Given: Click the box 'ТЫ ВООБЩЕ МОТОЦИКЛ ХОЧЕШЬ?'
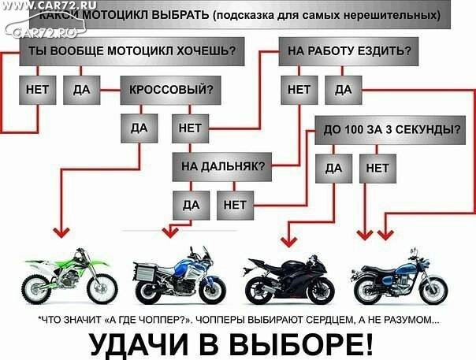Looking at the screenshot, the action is (x=132, y=51).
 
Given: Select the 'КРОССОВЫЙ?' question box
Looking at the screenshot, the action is (x=170, y=90).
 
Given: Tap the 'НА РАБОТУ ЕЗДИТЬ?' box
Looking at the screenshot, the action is (x=348, y=51).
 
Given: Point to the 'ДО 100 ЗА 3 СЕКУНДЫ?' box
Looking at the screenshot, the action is (x=390, y=130).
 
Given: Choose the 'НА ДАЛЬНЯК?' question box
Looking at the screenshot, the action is (x=222, y=167).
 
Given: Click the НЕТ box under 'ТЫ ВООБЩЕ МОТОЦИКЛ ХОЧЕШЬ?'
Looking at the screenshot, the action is (x=38, y=90).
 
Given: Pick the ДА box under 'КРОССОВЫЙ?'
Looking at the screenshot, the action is (x=139, y=128).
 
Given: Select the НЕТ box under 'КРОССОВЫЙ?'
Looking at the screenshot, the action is (x=191, y=128).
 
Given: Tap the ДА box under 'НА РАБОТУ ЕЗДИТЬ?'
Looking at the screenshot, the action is (x=344, y=90).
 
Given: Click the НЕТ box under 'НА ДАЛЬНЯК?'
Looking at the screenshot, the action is (x=236, y=205).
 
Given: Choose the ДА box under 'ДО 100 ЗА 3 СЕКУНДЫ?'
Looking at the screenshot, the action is (x=333, y=169).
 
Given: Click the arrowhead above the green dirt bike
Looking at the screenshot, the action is (x=61, y=233).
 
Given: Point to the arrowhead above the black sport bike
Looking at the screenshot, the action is (x=288, y=242).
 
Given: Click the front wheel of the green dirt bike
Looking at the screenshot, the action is (x=102, y=288).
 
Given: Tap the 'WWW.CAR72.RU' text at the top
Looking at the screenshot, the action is (x=48, y=5).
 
